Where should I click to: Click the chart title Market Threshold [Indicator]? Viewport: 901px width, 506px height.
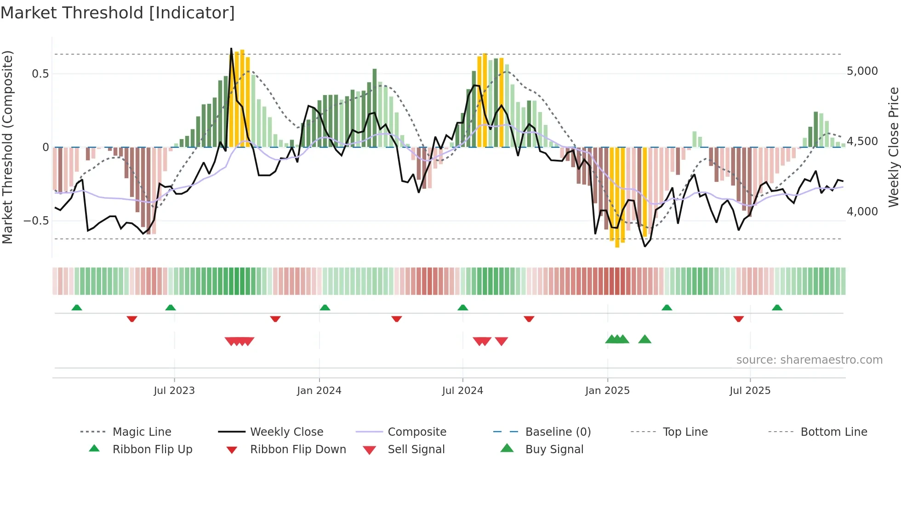click(x=118, y=13)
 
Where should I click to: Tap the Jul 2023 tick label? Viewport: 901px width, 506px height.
click(x=174, y=391)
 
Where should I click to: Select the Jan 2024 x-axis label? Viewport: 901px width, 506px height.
click(x=319, y=391)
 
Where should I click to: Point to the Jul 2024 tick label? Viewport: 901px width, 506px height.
click(x=462, y=391)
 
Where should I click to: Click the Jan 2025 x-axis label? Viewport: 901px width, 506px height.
click(x=607, y=391)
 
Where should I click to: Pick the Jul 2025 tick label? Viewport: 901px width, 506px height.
click(x=750, y=391)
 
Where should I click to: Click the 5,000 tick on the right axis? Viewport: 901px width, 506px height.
click(x=862, y=71)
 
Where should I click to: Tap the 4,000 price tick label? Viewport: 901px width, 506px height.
click(x=862, y=212)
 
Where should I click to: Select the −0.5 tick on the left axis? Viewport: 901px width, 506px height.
click(x=36, y=221)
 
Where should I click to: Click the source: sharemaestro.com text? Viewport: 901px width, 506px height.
click(x=809, y=360)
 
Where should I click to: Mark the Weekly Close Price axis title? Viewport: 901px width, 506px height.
click(x=893, y=147)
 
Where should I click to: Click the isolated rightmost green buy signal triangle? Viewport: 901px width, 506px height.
click(x=645, y=339)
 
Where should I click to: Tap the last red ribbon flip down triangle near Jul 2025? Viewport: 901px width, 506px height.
click(x=739, y=319)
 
